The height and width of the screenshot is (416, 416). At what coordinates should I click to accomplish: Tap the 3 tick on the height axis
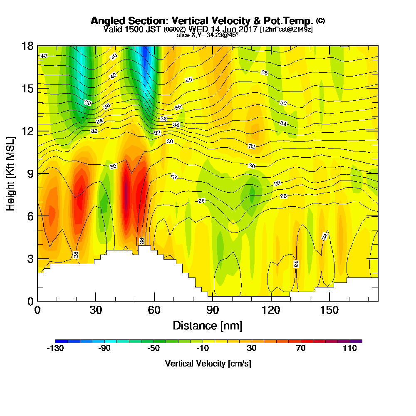(30, 258)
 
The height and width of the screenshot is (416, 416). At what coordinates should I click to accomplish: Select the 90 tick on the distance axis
(213, 311)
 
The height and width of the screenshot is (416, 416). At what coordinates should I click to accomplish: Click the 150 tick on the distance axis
(329, 311)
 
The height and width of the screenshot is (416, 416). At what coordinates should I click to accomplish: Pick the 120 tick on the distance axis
(271, 311)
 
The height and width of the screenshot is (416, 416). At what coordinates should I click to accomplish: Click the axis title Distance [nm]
(208, 325)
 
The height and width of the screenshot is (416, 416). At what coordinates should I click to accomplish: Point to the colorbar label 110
(350, 349)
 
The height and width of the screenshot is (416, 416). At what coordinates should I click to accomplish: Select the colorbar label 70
(301, 349)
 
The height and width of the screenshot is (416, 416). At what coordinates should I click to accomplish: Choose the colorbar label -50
(154, 349)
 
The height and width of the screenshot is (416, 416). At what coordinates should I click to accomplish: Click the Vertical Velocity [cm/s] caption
(208, 364)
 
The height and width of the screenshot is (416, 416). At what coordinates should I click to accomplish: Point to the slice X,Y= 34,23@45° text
(208, 35)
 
